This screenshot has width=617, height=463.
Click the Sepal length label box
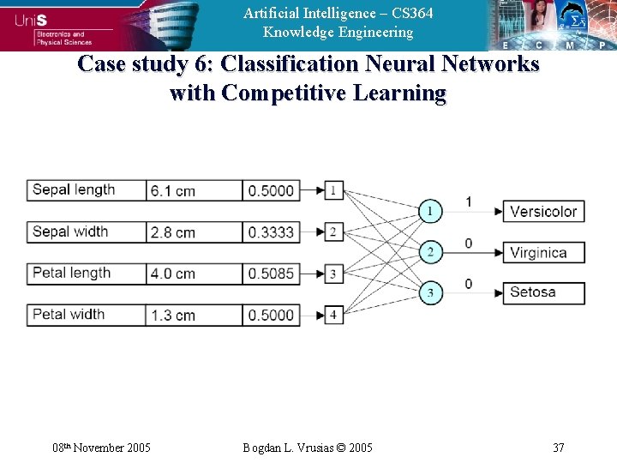(x=86, y=189)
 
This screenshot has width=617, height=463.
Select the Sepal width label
(x=86, y=231)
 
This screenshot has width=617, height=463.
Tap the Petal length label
(x=86, y=274)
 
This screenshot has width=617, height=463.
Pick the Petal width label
(x=86, y=315)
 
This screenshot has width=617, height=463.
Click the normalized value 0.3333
(x=271, y=232)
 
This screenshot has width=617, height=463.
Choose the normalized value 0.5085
(x=271, y=274)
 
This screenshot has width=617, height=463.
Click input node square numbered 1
(x=333, y=189)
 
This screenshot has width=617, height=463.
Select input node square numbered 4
(x=333, y=315)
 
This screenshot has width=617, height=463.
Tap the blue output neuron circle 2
(x=431, y=252)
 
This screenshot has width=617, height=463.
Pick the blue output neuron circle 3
(x=431, y=293)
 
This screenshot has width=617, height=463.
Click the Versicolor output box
(x=543, y=211)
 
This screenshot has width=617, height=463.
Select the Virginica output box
(x=543, y=252)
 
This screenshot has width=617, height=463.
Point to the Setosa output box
(x=543, y=292)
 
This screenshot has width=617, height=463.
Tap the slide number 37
(x=558, y=448)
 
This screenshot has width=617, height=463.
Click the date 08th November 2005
(x=102, y=448)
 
